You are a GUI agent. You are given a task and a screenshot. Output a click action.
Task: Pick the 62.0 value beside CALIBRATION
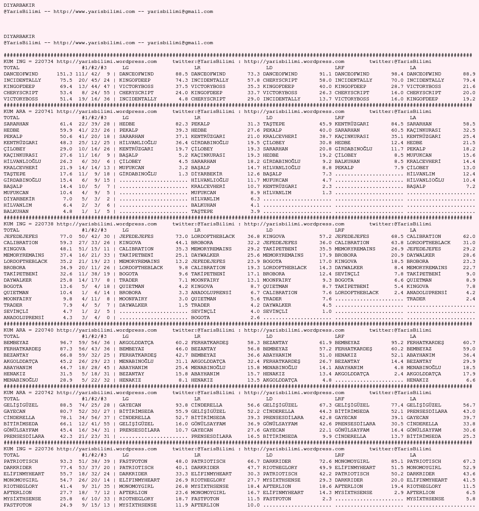pyautogui.click(x=469, y=237)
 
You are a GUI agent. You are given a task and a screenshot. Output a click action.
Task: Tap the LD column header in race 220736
pyautogui.click(x=269, y=455)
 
